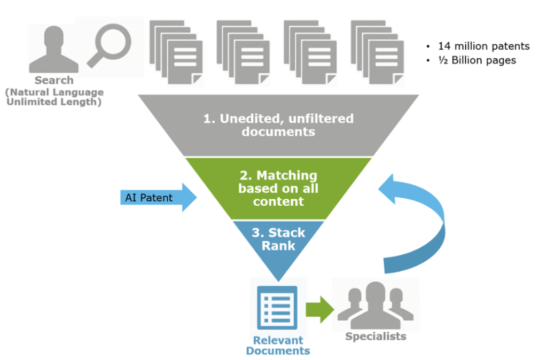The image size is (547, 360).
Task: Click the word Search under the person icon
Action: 54,81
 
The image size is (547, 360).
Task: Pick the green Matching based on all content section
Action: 278,188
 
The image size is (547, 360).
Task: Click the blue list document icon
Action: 277,308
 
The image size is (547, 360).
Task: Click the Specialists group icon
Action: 375,306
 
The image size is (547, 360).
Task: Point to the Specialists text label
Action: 376,336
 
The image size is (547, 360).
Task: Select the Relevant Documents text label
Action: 278,346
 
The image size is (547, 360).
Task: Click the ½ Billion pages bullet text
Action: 477,60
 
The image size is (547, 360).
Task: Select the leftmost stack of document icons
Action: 176,51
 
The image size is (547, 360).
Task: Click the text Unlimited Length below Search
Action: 54,102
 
